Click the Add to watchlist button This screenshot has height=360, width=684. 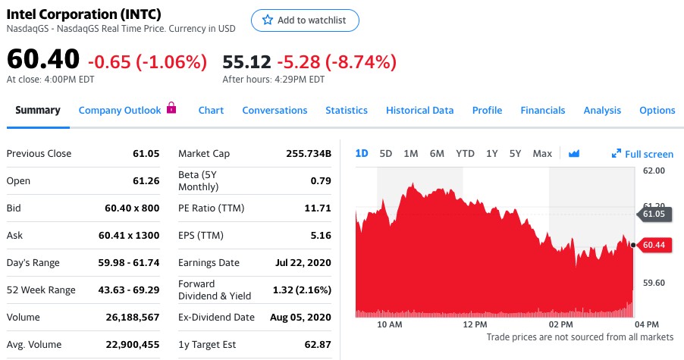pos(304,20)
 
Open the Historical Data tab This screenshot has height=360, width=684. pos(419,110)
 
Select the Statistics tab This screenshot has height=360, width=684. pos(347,110)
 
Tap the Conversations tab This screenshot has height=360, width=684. pos(275,110)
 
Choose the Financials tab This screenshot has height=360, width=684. pos(542,110)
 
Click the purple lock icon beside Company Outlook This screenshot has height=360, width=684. pos(171,108)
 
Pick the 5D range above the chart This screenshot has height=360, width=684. pos(386,153)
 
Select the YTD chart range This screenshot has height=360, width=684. pos(465,153)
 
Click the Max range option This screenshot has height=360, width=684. pos(542,153)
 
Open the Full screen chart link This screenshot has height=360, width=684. pos(642,154)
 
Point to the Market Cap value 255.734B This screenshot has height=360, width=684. pos(309,153)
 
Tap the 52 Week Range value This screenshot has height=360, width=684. pos(128,290)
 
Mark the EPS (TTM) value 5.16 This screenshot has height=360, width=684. pos(321,235)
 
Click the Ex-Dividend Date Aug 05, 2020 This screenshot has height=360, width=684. pos(300,317)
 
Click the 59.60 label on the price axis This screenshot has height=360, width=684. pos(653,283)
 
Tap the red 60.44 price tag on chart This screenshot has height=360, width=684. pos(654,245)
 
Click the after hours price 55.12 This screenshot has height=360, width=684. pos(246,61)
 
